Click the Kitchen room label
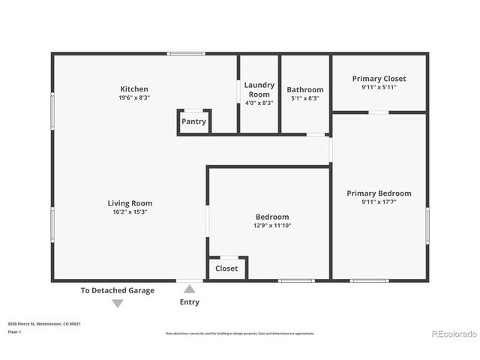click(x=134, y=88)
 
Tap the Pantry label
click(x=193, y=121)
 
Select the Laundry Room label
click(x=259, y=89)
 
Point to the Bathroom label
click(x=304, y=89)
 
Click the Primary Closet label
click(x=379, y=78)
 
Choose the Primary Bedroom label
click(x=379, y=193)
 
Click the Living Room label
click(x=130, y=202)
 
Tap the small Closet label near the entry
click(x=226, y=268)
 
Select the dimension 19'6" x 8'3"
click(x=134, y=98)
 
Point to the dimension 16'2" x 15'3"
click(x=130, y=212)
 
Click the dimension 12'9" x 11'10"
click(x=272, y=226)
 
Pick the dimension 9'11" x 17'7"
click(x=379, y=202)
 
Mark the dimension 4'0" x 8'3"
click(x=259, y=103)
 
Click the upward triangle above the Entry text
click(x=190, y=289)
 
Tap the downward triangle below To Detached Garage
click(x=118, y=303)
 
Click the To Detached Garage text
click(x=118, y=290)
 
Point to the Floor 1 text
click(x=15, y=331)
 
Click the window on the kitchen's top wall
click(x=185, y=53)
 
